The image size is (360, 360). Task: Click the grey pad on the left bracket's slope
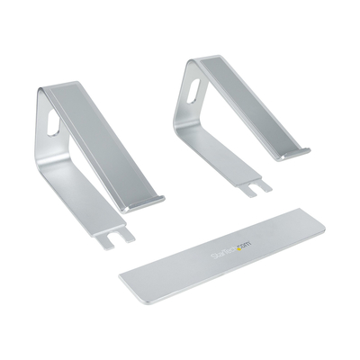(112, 144)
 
